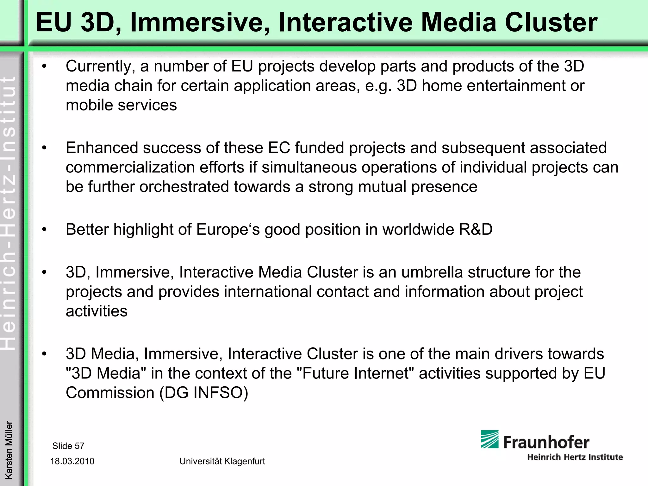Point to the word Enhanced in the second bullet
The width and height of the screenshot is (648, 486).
pos(102,148)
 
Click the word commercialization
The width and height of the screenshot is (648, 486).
pos(130,167)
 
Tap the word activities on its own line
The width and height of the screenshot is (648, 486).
pos(97,311)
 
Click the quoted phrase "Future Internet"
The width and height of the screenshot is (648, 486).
pos(356,373)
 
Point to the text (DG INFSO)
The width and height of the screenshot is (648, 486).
pos(204,393)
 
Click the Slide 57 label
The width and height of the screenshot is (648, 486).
pos(68,446)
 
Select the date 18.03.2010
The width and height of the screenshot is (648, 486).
pos(72,461)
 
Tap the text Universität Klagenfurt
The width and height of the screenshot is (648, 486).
pos(222,461)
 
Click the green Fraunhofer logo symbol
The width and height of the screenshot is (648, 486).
pos(489,439)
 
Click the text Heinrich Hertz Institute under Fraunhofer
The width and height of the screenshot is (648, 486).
pos(575,457)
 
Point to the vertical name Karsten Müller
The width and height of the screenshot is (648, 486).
pos(9,450)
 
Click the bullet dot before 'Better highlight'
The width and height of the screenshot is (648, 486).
pos(44,230)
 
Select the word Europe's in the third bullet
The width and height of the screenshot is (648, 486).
pos(228,229)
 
